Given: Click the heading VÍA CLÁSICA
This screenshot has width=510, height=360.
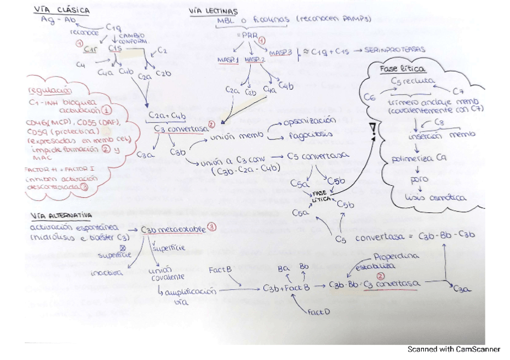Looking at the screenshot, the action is (62, 10).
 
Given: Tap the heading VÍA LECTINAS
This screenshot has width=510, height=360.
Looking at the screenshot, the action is (213, 11).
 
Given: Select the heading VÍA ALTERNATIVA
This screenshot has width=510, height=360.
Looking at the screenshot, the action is (62, 215).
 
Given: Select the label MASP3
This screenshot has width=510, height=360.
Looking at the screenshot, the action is (281, 53).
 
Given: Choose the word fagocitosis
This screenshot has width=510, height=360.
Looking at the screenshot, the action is (310, 136).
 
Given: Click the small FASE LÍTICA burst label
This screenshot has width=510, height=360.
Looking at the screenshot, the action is (322, 195).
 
